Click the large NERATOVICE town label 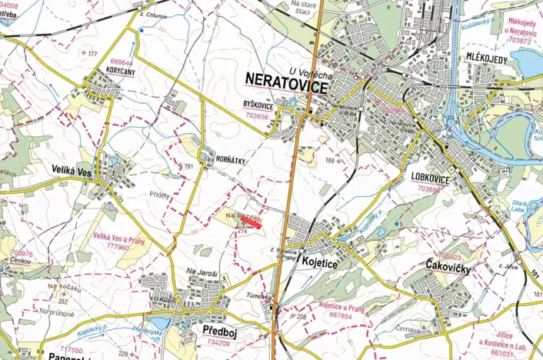tap(289, 78)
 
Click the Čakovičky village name tap(447, 265)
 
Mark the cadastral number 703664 tap(428, 187)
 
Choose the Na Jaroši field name tap(202, 271)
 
